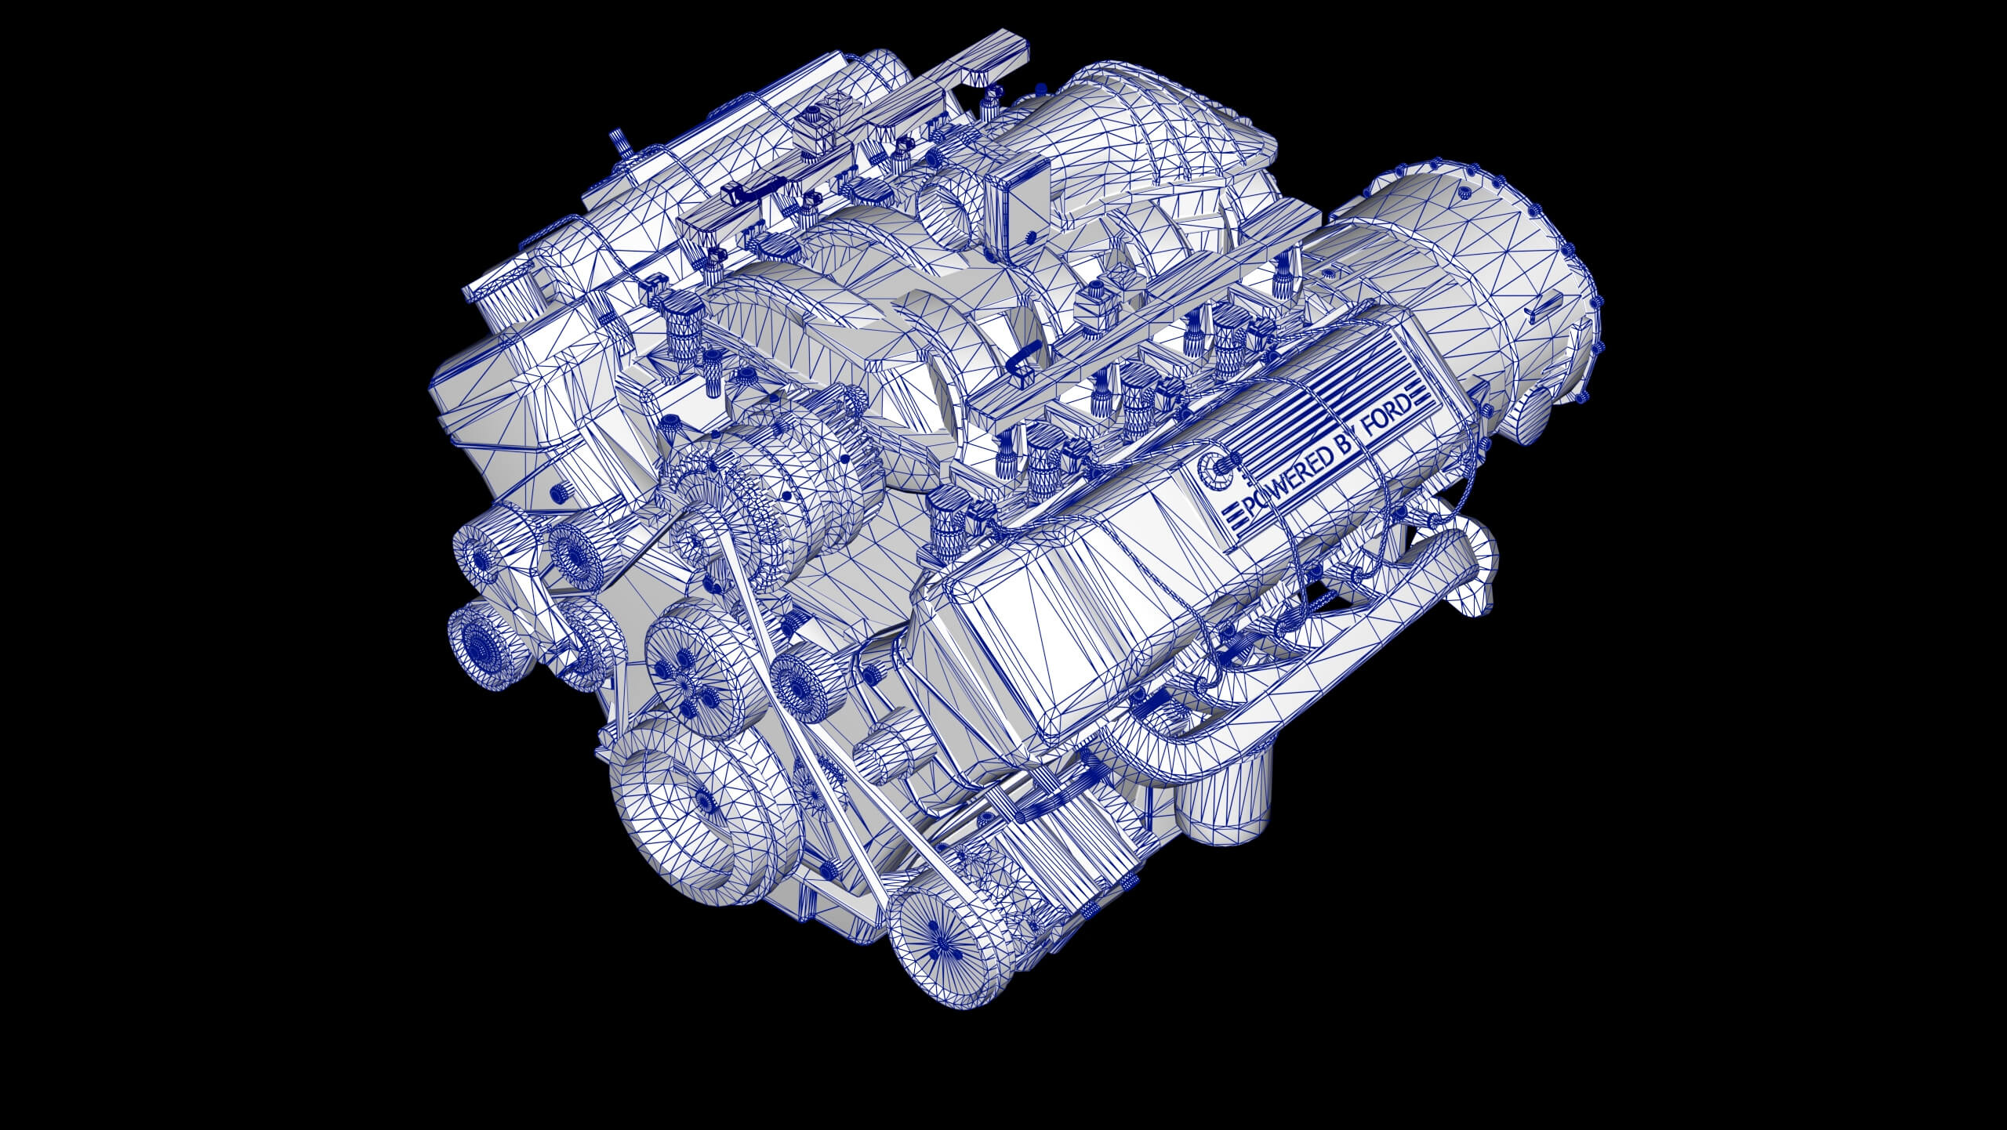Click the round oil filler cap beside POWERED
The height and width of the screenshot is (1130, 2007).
coord(1214,473)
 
